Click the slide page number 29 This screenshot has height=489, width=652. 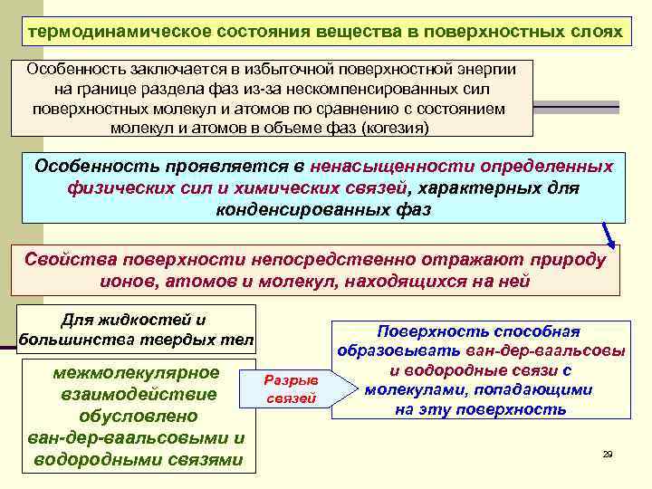point(608,454)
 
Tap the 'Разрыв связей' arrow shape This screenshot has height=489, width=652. point(292,388)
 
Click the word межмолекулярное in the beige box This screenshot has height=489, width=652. point(137,373)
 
